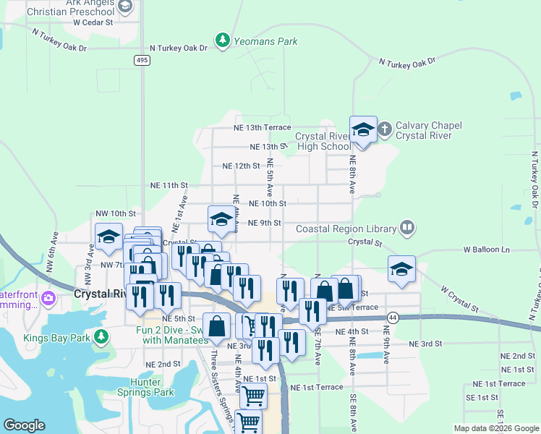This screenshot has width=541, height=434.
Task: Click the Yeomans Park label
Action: [x=265, y=41]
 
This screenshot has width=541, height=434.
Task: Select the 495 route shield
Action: [x=142, y=61]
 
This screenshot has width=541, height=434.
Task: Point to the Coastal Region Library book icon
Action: [x=407, y=228]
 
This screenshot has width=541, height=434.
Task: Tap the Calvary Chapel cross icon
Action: [x=385, y=130]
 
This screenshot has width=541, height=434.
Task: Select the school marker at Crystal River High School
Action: [x=363, y=130]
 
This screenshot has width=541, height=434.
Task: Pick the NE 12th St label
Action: [x=241, y=166]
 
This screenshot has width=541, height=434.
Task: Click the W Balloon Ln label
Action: [x=487, y=250]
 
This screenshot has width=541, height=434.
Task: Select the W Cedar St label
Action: [x=93, y=22]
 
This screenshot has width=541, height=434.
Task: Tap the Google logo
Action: [x=24, y=425]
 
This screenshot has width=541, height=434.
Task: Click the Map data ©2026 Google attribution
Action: [x=497, y=428]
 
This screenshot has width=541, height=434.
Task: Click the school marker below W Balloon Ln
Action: [x=401, y=268]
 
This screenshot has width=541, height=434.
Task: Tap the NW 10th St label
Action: [x=116, y=213]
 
